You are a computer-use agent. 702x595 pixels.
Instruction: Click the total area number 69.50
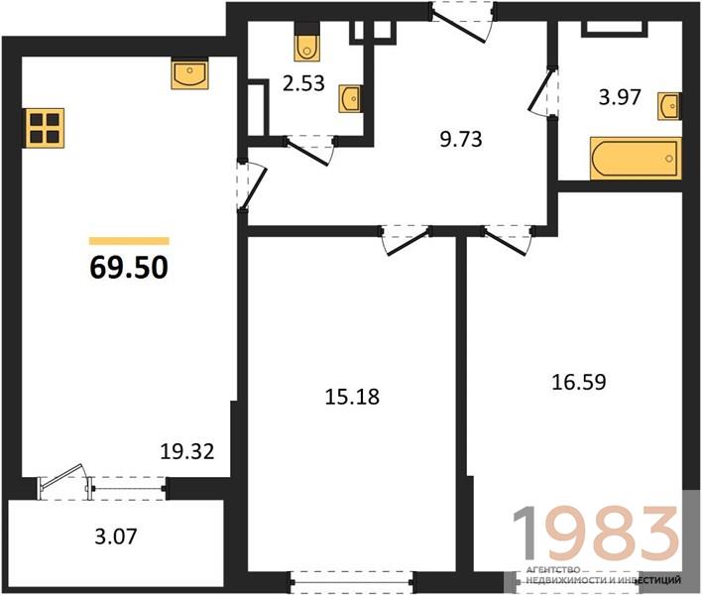(129, 268)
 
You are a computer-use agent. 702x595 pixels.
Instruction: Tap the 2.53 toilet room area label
(303, 83)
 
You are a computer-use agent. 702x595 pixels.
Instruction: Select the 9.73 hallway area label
(461, 139)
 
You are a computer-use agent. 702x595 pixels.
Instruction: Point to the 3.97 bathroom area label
(620, 97)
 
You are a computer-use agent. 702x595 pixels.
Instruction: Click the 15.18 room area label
(352, 397)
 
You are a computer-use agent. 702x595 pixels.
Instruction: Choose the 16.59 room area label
(579, 382)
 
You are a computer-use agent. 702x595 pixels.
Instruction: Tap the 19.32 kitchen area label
(187, 452)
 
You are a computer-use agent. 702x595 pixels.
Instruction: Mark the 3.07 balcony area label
(115, 535)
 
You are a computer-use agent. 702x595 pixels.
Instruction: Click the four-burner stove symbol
(45, 128)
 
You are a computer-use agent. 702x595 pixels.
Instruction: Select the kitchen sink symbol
(189, 73)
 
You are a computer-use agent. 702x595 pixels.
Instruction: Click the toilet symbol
(307, 42)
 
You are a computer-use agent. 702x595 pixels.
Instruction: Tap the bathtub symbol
(636, 159)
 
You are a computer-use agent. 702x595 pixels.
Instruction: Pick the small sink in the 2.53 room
(349, 98)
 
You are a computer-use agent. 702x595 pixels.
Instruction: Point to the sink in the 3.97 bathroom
(669, 106)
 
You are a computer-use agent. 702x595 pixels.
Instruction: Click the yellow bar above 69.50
(129, 241)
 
